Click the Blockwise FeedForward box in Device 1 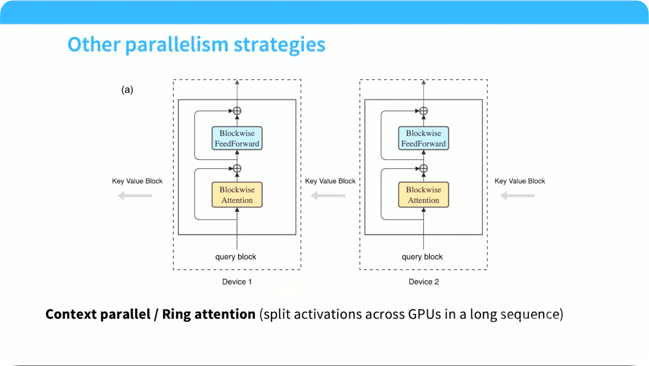click(237, 138)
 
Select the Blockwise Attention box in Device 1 click(237, 195)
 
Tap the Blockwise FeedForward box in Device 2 click(424, 138)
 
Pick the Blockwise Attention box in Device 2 click(424, 195)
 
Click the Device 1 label click(237, 282)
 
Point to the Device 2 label click(424, 282)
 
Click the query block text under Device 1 click(236, 257)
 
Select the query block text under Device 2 click(422, 257)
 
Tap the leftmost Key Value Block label click(137, 181)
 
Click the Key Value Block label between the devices click(330, 181)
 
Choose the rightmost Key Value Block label click(520, 181)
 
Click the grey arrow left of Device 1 click(135, 195)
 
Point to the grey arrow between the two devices click(328, 195)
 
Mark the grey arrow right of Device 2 click(517, 195)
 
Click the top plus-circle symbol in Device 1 click(237, 111)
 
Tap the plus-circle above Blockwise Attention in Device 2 click(424, 168)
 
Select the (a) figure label click(127, 90)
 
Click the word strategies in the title click(280, 45)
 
